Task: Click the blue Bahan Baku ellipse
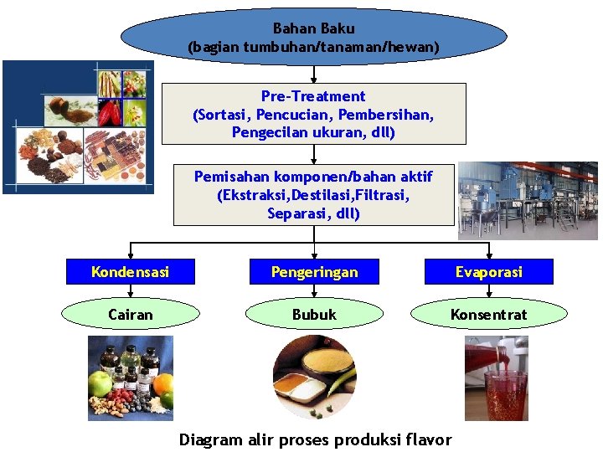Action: (313, 38)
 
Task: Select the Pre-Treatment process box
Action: (313, 114)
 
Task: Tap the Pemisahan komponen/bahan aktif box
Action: (313, 195)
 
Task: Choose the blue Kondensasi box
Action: (130, 272)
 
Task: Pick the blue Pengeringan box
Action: (313, 272)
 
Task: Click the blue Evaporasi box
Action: (489, 272)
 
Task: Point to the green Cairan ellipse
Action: (130, 315)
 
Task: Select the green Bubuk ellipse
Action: (313, 315)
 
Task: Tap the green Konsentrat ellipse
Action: (489, 315)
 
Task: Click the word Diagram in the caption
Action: (210, 440)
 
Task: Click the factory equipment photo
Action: (528, 201)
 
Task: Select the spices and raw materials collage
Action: (78, 127)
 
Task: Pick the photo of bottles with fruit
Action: (130, 378)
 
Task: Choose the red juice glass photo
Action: (497, 378)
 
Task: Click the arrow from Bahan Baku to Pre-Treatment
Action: (313, 74)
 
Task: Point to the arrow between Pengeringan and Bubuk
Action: (313, 292)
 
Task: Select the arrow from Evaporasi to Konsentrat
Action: (489, 292)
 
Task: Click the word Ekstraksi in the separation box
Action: (250, 195)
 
